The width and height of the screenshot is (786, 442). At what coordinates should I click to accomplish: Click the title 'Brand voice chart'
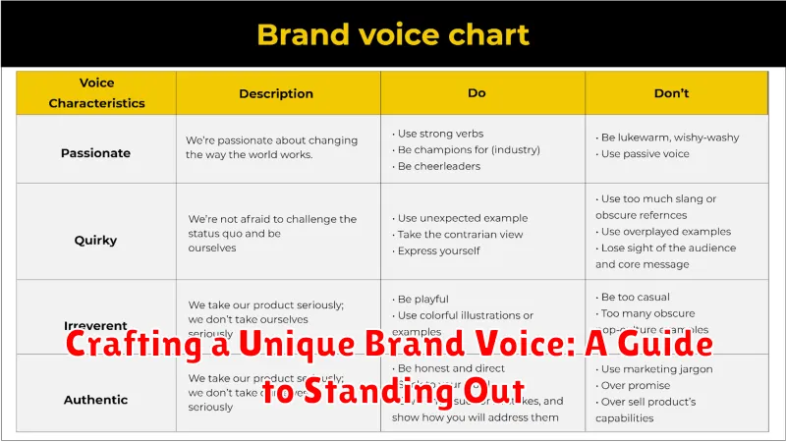(x=392, y=34)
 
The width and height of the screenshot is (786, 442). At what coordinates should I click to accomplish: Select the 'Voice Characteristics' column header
(x=96, y=93)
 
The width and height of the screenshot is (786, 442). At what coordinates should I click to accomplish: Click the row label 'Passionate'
(x=96, y=152)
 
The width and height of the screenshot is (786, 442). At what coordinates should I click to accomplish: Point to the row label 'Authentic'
(x=96, y=400)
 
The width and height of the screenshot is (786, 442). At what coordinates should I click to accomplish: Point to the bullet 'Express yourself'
(x=441, y=251)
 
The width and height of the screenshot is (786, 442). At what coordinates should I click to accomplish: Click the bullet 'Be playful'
(x=426, y=299)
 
